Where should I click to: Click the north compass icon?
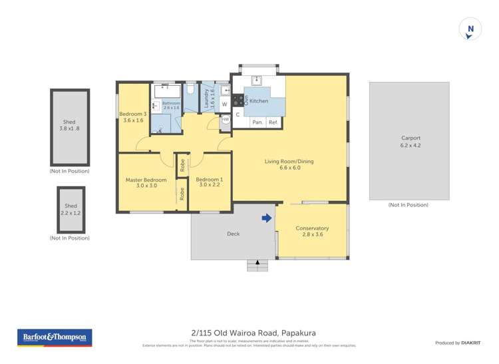470,29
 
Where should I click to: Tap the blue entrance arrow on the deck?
267,218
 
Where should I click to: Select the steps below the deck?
257,265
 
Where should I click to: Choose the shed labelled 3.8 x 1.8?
69,126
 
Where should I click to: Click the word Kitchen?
259,101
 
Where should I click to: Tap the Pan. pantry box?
257,122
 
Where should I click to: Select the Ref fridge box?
273,122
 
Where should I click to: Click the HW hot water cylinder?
225,120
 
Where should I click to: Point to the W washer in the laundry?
224,104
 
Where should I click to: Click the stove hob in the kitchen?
238,101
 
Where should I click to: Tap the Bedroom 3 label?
132,117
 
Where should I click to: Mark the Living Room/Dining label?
289,164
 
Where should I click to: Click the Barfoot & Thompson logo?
55,337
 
